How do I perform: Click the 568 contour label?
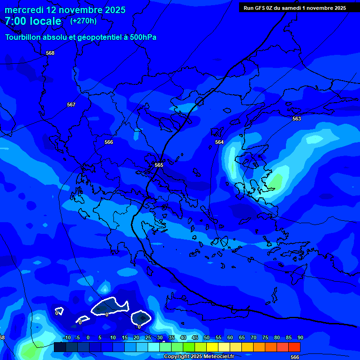coord(50,53)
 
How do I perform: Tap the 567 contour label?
coord(71,105)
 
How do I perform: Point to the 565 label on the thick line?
coord(159,165)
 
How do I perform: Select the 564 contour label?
coord(219,142)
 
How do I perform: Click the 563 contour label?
coord(297,119)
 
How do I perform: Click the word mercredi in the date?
coord(24,10)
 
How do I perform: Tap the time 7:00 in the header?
coord(16,21)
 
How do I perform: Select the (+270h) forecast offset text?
coord(83,21)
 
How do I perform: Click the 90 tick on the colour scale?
coord(300,337)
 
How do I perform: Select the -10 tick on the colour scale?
coord(67,337)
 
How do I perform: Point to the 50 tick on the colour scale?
coord(207,337)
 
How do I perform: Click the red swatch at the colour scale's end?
coord(294,347)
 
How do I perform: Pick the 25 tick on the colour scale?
coord(148,337)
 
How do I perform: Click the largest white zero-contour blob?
coord(110,307)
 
